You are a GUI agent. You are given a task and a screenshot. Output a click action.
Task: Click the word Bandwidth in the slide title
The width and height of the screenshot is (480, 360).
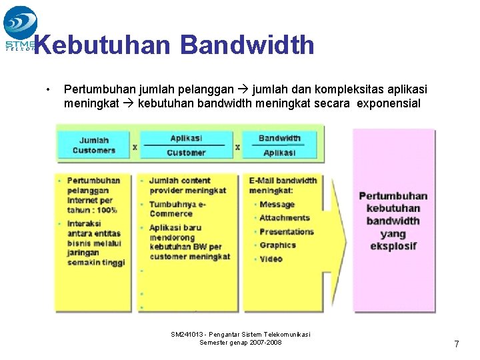[247, 45]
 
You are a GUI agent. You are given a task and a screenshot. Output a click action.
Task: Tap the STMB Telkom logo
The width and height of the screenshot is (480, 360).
[20, 27]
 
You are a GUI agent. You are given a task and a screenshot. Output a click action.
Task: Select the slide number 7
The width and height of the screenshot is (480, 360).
[457, 344]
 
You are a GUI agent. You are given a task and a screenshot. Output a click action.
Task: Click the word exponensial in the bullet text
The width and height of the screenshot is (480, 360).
[389, 103]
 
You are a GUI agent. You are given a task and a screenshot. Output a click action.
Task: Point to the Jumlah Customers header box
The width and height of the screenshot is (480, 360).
[94, 145]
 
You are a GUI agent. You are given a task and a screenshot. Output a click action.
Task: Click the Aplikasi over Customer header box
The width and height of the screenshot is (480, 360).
[186, 145]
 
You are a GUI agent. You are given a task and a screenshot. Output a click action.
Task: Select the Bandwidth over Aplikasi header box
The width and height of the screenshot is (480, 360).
[279, 145]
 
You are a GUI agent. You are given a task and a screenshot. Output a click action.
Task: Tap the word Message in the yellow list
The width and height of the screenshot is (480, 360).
[277, 204]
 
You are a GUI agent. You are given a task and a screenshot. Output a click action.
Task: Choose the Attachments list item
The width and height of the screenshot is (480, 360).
[285, 218]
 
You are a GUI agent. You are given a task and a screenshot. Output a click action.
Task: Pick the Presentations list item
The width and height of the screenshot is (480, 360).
[287, 231]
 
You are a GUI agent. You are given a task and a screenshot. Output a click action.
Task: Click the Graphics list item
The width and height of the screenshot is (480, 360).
[277, 245]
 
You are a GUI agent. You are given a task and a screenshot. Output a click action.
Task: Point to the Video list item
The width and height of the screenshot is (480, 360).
[271, 259]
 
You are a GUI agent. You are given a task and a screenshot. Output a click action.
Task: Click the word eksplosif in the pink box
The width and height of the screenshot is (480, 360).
[393, 246]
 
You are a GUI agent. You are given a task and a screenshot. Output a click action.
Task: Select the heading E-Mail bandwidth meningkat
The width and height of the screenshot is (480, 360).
[283, 185]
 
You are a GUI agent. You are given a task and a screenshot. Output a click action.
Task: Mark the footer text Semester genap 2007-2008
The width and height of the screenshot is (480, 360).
[241, 342]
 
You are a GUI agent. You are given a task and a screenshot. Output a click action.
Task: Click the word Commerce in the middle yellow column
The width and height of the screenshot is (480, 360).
[171, 213]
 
